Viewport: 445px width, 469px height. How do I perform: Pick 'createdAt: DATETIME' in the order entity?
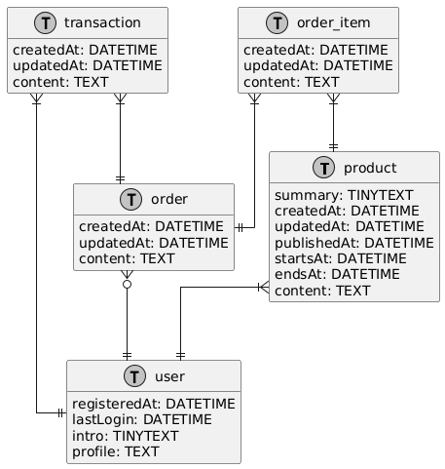click(150, 227)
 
